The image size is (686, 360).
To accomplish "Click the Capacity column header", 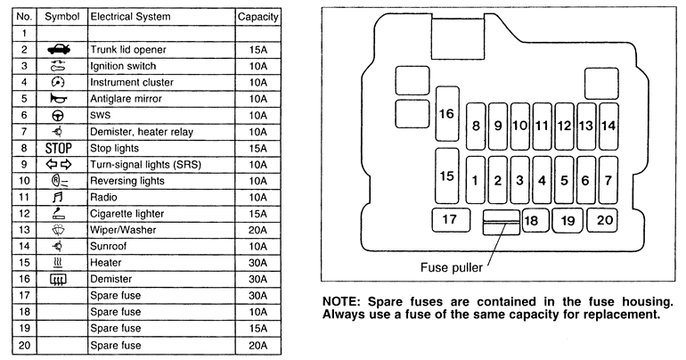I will (257, 16).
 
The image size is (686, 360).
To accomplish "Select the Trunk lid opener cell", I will (127, 49).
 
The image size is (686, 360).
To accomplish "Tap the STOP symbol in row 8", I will (57, 148).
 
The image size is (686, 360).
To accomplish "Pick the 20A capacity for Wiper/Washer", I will (257, 230).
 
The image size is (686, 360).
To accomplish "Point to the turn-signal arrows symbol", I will (57, 165).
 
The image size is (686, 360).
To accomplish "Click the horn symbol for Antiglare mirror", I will (57, 99).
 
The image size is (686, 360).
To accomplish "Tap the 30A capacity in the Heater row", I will (257, 263).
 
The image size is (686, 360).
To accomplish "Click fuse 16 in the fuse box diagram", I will (446, 113).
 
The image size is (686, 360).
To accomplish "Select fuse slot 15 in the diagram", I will (446, 176).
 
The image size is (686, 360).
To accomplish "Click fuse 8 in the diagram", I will (476, 126).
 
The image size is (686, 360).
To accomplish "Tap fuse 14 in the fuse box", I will (608, 126).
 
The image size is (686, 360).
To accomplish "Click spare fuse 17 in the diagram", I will (449, 219).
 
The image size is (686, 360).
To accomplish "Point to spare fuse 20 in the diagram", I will (606, 219).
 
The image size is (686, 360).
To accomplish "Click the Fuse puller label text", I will (452, 266).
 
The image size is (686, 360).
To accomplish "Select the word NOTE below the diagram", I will (341, 301).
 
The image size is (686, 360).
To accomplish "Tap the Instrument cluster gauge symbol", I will (57, 82).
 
